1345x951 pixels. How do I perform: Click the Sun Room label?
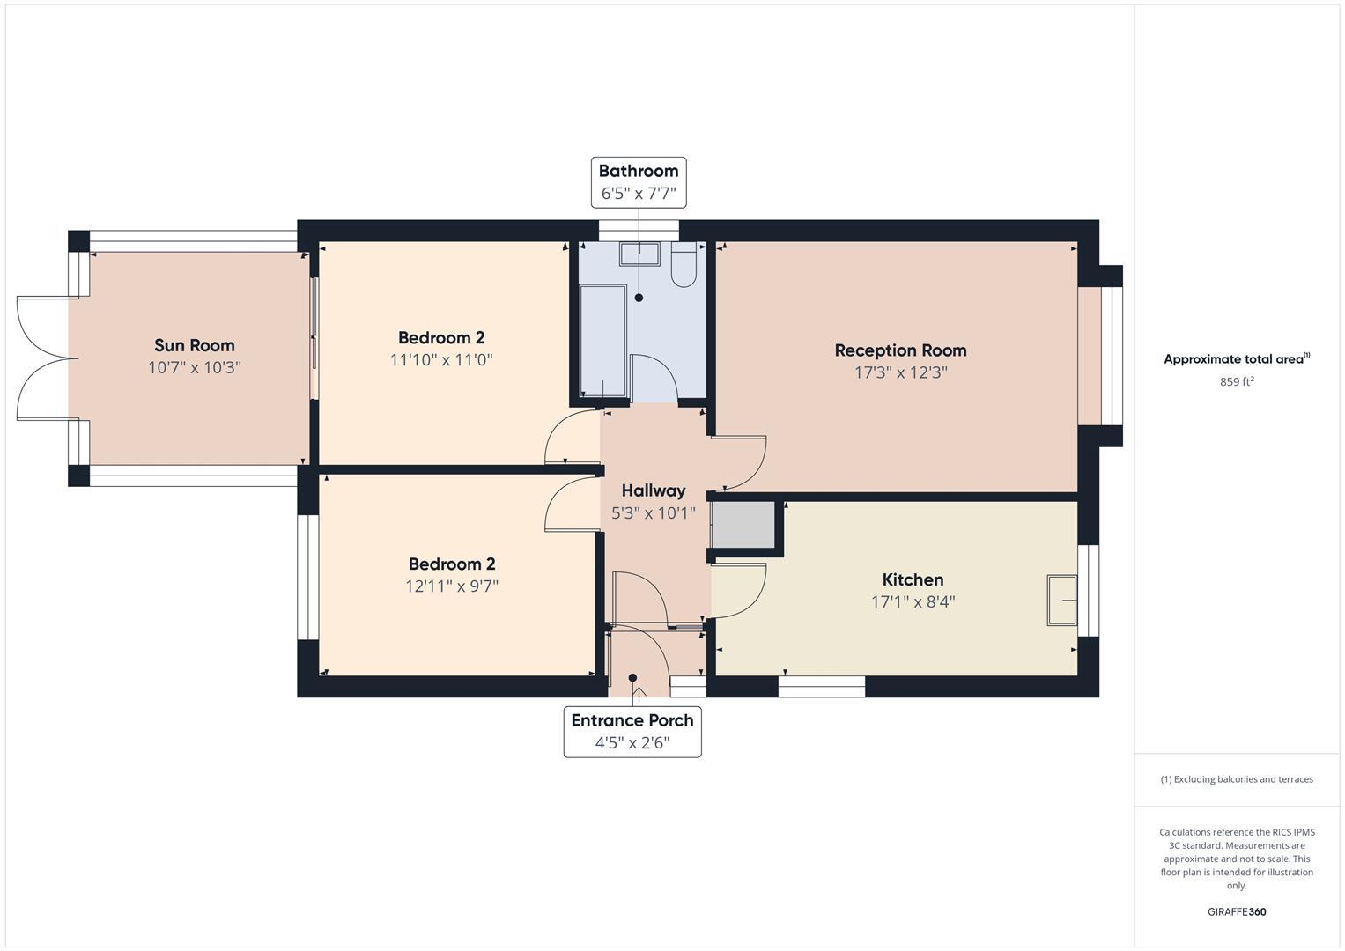(x=194, y=345)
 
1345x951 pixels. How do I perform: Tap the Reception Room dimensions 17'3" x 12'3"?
(x=900, y=372)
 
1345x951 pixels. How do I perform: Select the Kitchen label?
(x=913, y=579)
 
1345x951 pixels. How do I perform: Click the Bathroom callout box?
(x=639, y=182)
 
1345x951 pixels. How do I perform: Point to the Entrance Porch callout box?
(x=632, y=732)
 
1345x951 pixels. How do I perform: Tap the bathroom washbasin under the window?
(x=639, y=254)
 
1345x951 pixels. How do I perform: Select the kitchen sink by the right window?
(x=1061, y=601)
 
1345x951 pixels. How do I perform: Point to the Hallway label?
(x=653, y=490)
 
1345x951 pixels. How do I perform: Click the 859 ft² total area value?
(x=1237, y=382)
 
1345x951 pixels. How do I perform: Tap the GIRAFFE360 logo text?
(x=1237, y=911)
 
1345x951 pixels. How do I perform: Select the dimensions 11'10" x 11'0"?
(x=441, y=360)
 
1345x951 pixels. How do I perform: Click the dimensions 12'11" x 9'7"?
(x=452, y=586)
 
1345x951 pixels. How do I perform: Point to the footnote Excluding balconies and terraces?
(x=1237, y=779)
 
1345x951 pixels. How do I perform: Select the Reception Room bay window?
(x=1101, y=357)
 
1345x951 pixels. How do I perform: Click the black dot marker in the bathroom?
(x=639, y=298)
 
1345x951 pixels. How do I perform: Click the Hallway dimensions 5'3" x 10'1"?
(x=653, y=513)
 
